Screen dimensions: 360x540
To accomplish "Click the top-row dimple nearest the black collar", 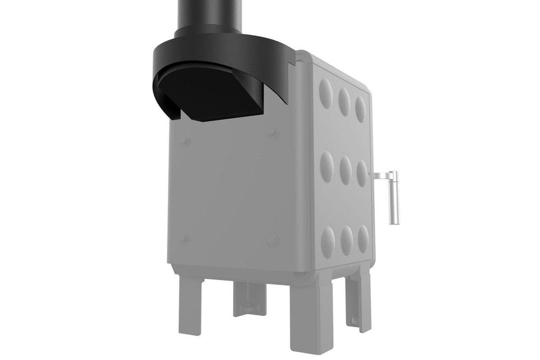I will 325,90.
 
